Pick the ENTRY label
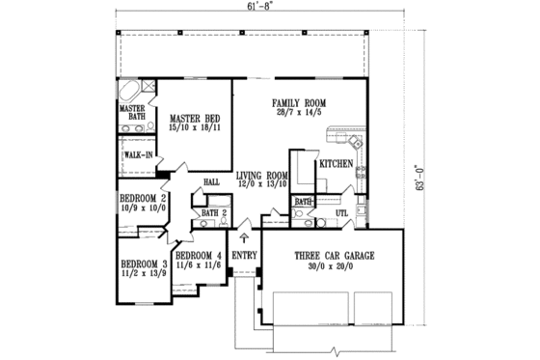244,256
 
